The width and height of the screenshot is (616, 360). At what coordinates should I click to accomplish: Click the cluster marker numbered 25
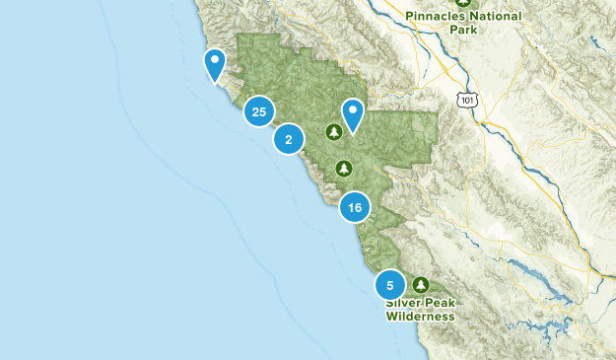258,112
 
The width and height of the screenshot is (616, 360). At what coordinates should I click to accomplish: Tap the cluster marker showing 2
288,140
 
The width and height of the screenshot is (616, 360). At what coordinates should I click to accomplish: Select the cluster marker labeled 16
355,207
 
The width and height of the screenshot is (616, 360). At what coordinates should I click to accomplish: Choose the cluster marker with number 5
390,285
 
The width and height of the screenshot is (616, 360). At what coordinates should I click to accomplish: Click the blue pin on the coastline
214,65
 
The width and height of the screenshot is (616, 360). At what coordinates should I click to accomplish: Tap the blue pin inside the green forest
352,114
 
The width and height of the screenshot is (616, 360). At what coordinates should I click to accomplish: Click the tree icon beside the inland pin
334,131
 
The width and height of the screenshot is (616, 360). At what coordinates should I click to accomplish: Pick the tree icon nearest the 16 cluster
343,169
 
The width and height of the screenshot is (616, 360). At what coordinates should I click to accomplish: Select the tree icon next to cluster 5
421,284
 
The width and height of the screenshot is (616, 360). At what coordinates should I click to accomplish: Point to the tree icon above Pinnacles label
466,2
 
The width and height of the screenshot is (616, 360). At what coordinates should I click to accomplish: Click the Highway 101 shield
465,99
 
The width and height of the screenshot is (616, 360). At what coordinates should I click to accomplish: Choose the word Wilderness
421,317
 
